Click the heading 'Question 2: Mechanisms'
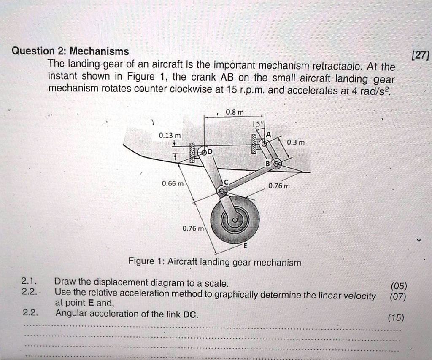(70, 51)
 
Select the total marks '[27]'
(421, 56)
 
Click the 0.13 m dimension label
(170, 135)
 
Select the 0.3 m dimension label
(295, 142)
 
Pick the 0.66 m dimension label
(173, 184)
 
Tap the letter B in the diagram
(267, 163)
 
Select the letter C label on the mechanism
(226, 181)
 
